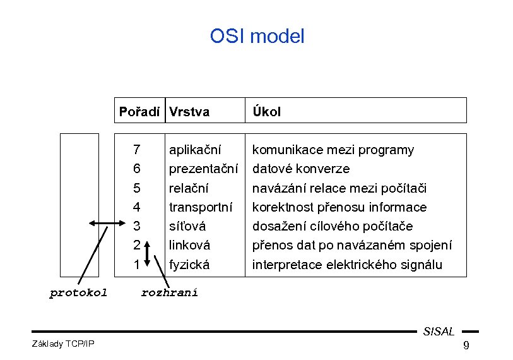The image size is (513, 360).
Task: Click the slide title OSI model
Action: click(257, 37)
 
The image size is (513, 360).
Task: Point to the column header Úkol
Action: click(267, 112)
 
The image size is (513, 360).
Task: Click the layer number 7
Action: click(137, 150)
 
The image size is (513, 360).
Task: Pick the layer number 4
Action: click(137, 207)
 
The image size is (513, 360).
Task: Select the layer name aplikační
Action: click(195, 150)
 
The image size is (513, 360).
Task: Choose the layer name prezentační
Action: click(203, 169)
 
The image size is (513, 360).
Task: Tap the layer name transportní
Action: click(201, 207)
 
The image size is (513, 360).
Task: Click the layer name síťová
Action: click(188, 226)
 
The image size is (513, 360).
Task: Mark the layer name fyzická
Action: click(189, 265)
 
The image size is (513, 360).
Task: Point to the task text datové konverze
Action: click(301, 169)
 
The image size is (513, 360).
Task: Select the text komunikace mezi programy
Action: click(333, 150)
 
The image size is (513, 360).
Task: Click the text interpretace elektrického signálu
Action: click(347, 265)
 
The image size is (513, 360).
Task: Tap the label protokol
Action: click(78, 292)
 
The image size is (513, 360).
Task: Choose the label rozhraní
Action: click(169, 292)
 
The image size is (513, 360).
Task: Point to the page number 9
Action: click(466, 345)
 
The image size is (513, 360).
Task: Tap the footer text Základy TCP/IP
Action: click(62, 343)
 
